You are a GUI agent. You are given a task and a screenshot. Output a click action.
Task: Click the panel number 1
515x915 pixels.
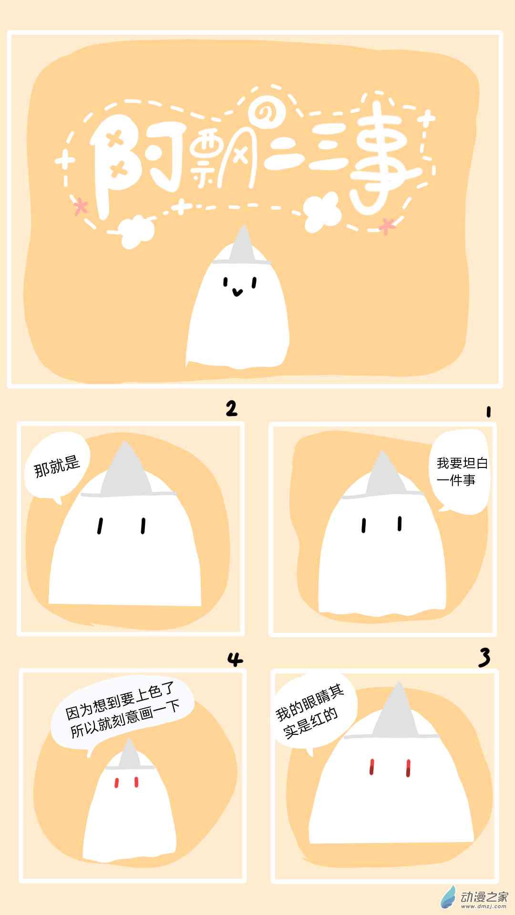pyautogui.click(x=488, y=411)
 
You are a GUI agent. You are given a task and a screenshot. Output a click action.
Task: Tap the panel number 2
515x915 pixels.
pyautogui.click(x=231, y=408)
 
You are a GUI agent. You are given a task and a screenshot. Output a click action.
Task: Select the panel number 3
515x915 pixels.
pyautogui.click(x=484, y=658)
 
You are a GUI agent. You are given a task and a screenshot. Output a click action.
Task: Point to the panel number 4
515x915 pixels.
pyautogui.click(x=235, y=660)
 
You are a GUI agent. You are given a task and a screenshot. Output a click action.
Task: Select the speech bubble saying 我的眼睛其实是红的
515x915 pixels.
pyautogui.click(x=315, y=710)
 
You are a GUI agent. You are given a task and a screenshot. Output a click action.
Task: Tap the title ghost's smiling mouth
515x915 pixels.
pyautogui.click(x=237, y=291)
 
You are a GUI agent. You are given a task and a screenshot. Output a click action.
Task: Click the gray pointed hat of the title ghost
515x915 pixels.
pyautogui.click(x=243, y=246)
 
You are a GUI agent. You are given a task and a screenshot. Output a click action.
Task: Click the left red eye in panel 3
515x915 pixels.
pyautogui.click(x=372, y=767)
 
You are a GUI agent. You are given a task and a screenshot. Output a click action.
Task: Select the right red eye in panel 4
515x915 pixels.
pyautogui.click(x=136, y=782)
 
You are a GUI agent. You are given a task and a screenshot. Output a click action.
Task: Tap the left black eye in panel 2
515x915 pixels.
pyautogui.click(x=100, y=526)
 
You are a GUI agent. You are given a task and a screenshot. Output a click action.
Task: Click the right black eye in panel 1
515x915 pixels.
pyautogui.click(x=400, y=524)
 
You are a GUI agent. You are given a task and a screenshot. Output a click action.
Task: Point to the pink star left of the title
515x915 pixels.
pyautogui.click(x=82, y=207)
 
